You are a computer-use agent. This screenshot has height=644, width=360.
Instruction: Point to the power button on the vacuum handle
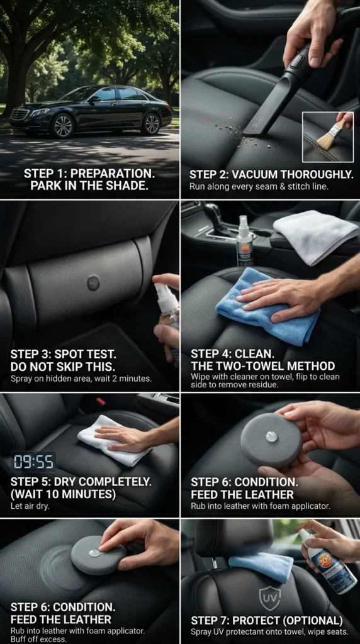click(296, 61)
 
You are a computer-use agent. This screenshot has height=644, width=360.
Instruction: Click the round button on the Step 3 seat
click(93, 282)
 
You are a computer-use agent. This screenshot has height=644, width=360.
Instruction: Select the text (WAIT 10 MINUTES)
click(63, 494)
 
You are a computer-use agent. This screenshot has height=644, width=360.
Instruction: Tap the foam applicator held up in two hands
click(271, 438)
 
